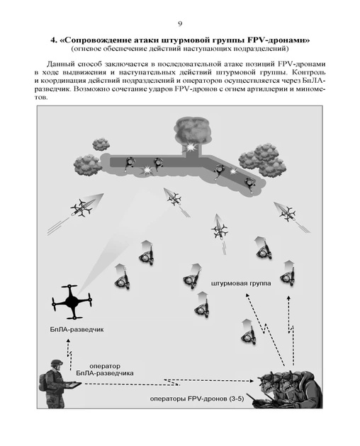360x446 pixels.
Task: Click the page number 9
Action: [180, 24]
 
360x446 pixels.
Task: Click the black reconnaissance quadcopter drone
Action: [72, 302]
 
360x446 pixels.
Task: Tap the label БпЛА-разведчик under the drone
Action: [77, 330]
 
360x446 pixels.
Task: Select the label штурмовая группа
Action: [241, 284]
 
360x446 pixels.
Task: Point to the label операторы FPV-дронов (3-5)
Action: [197, 399]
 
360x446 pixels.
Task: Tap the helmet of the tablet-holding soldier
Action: [57, 363]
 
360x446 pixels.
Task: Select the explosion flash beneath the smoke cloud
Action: [189, 147]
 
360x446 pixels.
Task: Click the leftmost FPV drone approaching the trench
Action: [84, 207]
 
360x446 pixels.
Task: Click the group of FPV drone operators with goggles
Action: [290, 389]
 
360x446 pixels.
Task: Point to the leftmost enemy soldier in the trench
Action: [130, 164]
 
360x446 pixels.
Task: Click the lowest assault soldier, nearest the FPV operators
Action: [248, 333]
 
